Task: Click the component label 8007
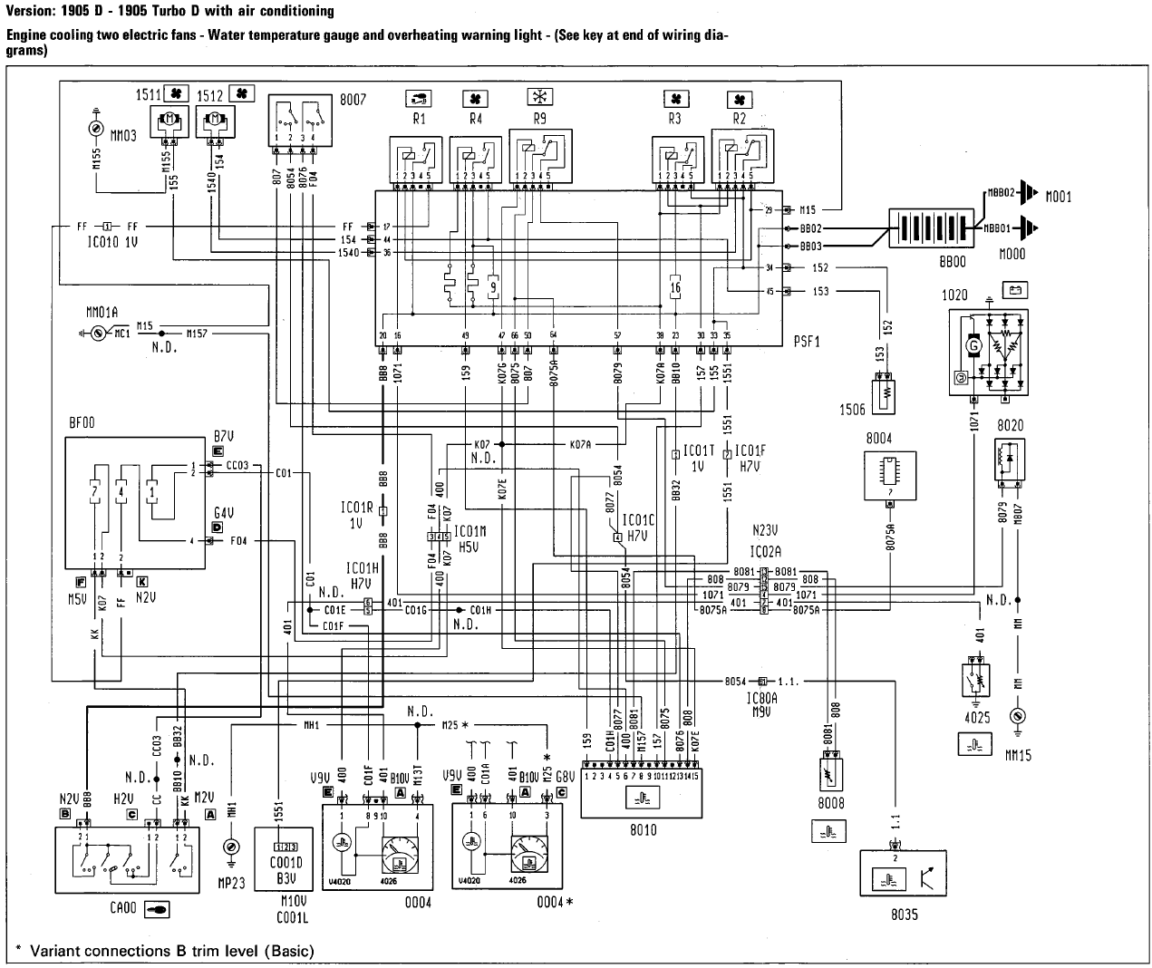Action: pos(353,100)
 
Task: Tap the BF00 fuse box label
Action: pos(82,422)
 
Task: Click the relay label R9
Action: pos(540,118)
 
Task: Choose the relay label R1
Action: pos(419,118)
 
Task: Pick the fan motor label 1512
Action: pos(210,93)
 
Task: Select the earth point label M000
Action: pos(1012,255)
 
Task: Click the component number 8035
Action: pos(903,914)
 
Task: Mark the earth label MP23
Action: pos(232,876)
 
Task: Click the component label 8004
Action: pos(879,438)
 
